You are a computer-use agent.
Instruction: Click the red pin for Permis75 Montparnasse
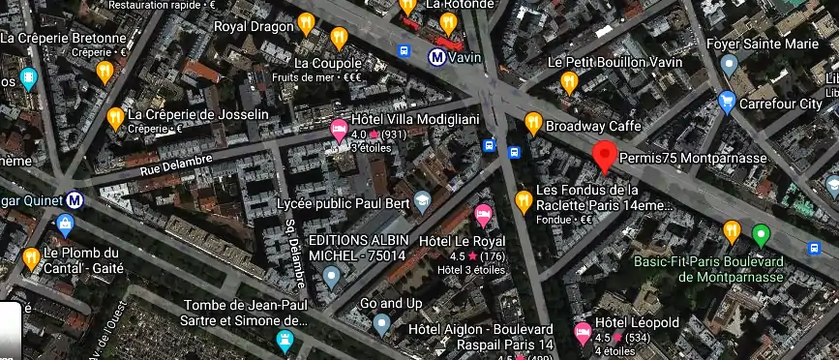pyautogui.click(x=606, y=155)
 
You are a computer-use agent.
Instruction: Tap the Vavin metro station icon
pyautogui.click(x=437, y=56)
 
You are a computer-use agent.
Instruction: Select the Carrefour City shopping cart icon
pyautogui.click(x=727, y=102)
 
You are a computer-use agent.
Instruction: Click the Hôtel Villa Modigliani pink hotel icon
pyautogui.click(x=339, y=130)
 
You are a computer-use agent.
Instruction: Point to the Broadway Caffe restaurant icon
pyautogui.click(x=532, y=123)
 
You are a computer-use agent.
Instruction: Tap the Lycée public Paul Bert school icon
pyautogui.click(x=422, y=201)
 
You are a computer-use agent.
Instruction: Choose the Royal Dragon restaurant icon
pyautogui.click(x=306, y=22)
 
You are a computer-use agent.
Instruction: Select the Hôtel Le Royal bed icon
pyautogui.click(x=483, y=215)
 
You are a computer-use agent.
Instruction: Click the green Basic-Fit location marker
pyautogui.click(x=762, y=233)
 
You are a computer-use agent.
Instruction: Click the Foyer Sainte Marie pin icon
pyautogui.click(x=730, y=64)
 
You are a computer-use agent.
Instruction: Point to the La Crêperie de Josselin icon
pyautogui.click(x=114, y=118)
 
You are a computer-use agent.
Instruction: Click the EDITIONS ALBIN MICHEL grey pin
pyautogui.click(x=332, y=278)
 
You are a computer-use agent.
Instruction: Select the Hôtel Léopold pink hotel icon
pyautogui.click(x=583, y=333)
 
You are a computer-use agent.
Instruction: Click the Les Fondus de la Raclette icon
pyautogui.click(x=524, y=201)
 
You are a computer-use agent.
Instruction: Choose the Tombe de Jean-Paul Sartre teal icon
pyautogui.click(x=285, y=340)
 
